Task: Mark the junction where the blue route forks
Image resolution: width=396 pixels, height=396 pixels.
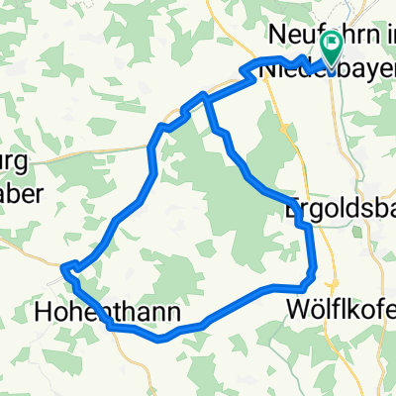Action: [205, 96]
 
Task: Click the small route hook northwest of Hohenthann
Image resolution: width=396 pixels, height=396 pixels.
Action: [67, 266]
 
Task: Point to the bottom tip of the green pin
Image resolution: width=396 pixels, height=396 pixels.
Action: [329, 65]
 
